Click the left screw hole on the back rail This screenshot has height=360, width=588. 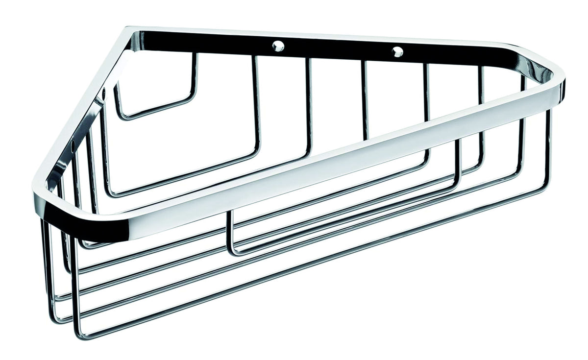(x=278, y=48)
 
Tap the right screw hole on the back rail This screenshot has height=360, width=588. (x=397, y=50)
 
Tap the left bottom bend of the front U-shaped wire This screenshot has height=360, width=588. (x=233, y=251)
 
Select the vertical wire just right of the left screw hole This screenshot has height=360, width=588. (x=309, y=98)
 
